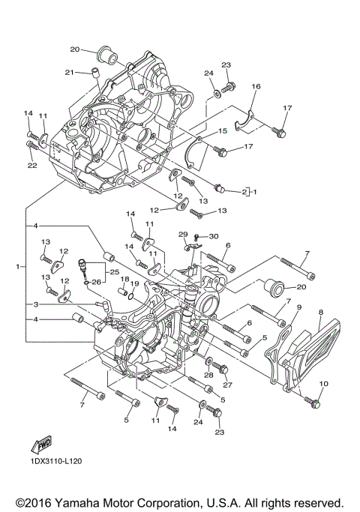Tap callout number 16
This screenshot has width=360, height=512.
click(256, 87)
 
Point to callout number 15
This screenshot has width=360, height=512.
click(223, 131)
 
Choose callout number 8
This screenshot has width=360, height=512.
click(320, 312)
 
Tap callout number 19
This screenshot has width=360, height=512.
click(134, 283)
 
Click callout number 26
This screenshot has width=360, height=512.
click(96, 282)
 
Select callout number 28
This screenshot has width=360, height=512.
click(209, 374)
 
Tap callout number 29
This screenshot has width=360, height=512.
click(181, 235)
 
